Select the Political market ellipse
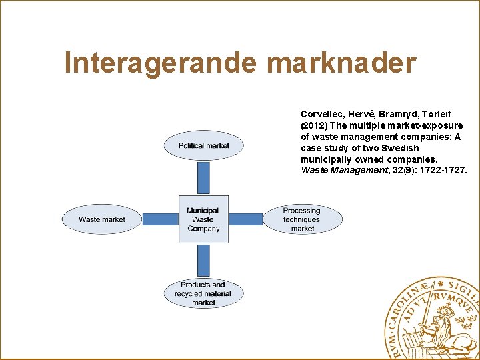click(203, 145)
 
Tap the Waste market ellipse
click(102, 219)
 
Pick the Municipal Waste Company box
click(203, 219)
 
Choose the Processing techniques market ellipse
click(303, 219)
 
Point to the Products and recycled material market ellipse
click(203, 293)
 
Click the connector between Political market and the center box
click(203, 177)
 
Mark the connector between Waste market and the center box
click(160, 219)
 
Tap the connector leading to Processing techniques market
click(246, 219)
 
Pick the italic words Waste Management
click(340, 170)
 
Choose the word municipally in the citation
click(326, 159)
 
